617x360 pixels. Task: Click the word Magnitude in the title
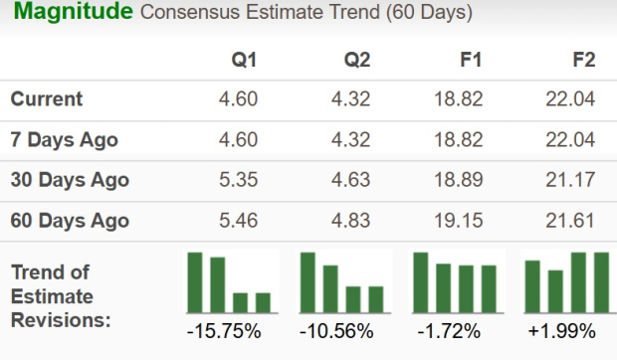72,14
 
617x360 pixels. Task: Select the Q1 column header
244,60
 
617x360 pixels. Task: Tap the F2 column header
583,60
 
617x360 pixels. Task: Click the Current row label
47,99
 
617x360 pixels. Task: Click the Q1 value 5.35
240,180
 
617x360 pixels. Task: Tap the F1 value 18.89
460,180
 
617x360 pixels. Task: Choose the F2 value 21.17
571,180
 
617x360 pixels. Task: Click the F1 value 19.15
460,220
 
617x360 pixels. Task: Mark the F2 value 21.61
571,220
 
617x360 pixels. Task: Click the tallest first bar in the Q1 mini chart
195,282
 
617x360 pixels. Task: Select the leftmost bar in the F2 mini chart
532,286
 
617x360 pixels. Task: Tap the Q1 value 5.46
240,220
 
